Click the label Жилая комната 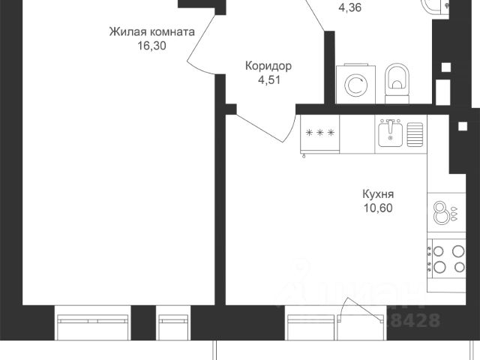pos(152,32)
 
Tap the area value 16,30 pos(152,46)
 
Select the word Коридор pos(268,66)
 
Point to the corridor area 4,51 pos(268,79)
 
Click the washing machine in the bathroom pos(355,83)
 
